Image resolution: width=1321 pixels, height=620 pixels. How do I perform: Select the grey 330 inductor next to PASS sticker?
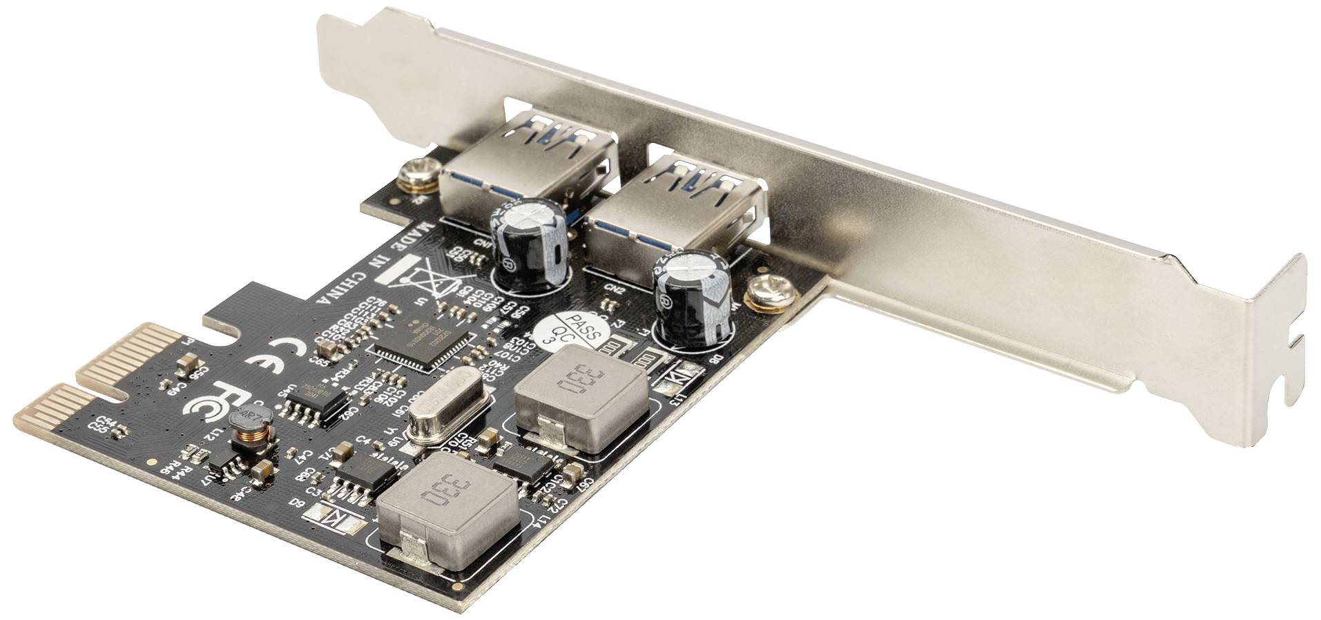581,398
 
